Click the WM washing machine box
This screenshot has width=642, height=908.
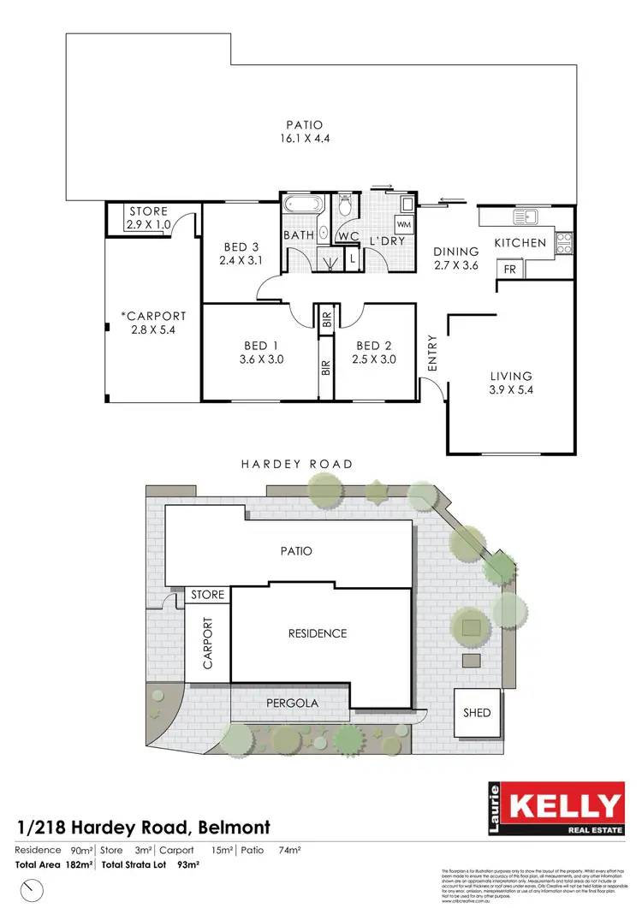click(x=403, y=224)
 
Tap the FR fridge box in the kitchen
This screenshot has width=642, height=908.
click(x=508, y=269)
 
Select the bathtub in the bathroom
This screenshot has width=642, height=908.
click(x=304, y=206)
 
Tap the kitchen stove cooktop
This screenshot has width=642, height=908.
click(x=564, y=242)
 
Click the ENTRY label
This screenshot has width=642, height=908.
click(x=432, y=353)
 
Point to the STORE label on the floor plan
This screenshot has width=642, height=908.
click(x=149, y=211)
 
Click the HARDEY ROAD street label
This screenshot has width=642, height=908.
click(x=296, y=464)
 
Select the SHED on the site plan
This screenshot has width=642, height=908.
click(x=478, y=712)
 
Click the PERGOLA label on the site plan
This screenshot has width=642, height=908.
click(x=291, y=703)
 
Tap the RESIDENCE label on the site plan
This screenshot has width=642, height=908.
click(x=317, y=633)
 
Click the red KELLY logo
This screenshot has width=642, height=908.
click(x=566, y=806)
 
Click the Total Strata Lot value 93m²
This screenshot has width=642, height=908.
click(x=189, y=865)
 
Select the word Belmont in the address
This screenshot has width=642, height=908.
click(x=235, y=828)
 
